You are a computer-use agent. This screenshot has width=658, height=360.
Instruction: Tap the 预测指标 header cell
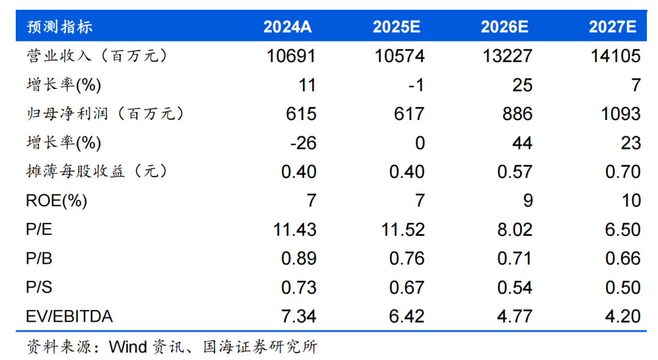point(60,27)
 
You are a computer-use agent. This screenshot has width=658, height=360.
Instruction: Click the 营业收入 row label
point(96,57)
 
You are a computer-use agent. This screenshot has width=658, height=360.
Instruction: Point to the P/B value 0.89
point(299,258)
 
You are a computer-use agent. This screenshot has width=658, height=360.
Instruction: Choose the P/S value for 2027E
point(623,288)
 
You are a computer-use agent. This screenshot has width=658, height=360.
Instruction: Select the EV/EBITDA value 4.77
point(515,317)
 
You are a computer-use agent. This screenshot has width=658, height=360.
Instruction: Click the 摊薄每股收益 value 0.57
point(515,172)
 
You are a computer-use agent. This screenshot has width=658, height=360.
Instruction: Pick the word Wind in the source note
point(128,347)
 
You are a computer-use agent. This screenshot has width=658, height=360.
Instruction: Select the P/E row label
point(39,230)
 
